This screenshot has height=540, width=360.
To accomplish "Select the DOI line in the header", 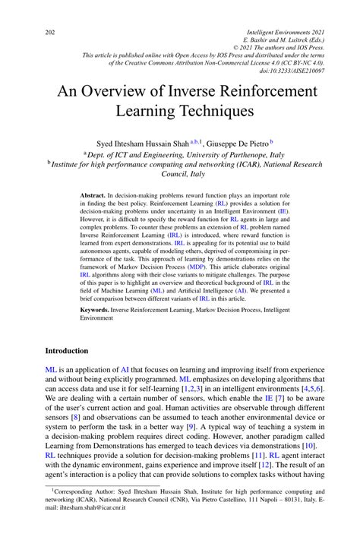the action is (288, 71).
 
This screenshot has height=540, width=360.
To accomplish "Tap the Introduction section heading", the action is (68, 351).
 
